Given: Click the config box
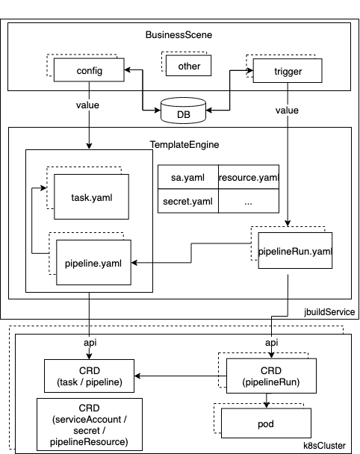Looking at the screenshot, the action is [89, 69].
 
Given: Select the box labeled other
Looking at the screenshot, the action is [188, 66].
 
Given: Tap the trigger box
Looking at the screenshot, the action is [288, 71].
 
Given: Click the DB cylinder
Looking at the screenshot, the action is [183, 111].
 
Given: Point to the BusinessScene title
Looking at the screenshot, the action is [179, 35].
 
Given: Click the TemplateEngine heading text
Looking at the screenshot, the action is [184, 144].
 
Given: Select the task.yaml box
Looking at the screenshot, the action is [92, 197].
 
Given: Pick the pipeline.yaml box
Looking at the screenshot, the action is [93, 262].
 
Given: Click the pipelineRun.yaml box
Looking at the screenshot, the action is [295, 250].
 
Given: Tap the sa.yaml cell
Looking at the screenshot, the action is [188, 177].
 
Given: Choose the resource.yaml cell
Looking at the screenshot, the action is [249, 177].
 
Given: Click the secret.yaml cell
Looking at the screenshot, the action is [188, 201].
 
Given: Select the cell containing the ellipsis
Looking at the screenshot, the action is [249, 201].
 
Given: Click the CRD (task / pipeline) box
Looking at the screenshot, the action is [89, 376].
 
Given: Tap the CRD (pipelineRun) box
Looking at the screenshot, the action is [271, 376].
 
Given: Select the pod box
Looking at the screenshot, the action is [266, 423].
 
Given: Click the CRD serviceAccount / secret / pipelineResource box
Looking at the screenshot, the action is [90, 424].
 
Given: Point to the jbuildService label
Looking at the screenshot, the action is [329, 312].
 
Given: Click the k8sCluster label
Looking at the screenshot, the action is [324, 446].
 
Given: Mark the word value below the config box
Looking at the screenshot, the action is [87, 105].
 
